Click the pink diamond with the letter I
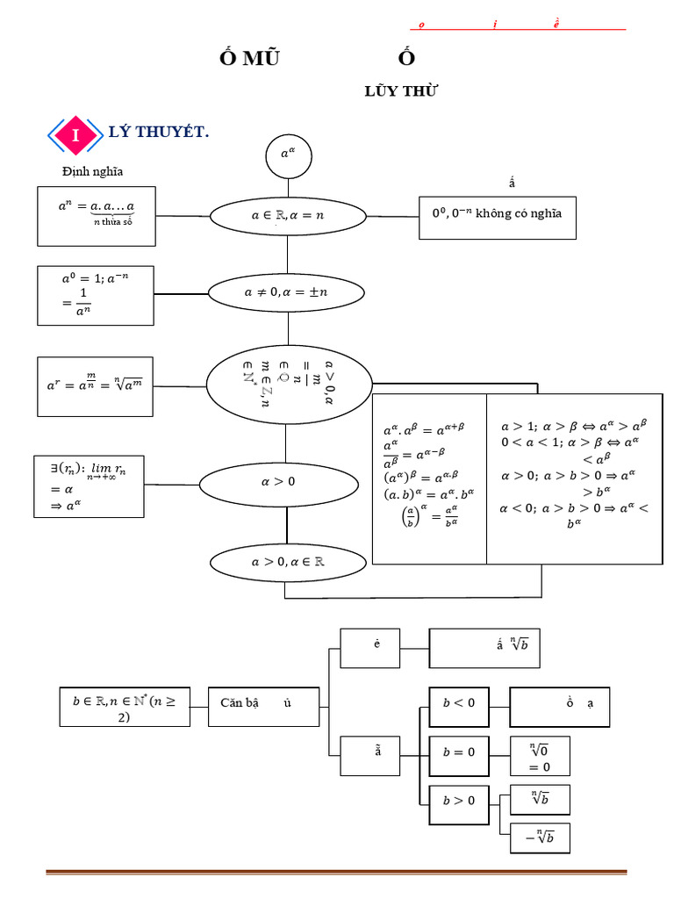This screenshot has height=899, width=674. pos(76,136)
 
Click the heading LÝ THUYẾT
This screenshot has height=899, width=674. pos(158,133)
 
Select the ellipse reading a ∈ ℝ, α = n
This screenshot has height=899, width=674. pos(287,214)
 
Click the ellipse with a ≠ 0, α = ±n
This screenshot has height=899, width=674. pos(287,292)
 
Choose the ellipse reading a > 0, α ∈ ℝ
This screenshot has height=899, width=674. pos(287,562)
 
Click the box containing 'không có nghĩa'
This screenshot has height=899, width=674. pos(498,214)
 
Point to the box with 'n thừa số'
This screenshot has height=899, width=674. pos(97,215)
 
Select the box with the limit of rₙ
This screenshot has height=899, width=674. pos(89,485)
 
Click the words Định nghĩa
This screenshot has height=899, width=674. pos(93,171)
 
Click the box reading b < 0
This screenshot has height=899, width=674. pos(458,703)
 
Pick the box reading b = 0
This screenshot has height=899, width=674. pos(458,752)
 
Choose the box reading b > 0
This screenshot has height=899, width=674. pos(458,801)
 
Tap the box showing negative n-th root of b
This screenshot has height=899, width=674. pos(540,838)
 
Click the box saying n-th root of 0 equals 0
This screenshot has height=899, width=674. pos(540,756)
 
